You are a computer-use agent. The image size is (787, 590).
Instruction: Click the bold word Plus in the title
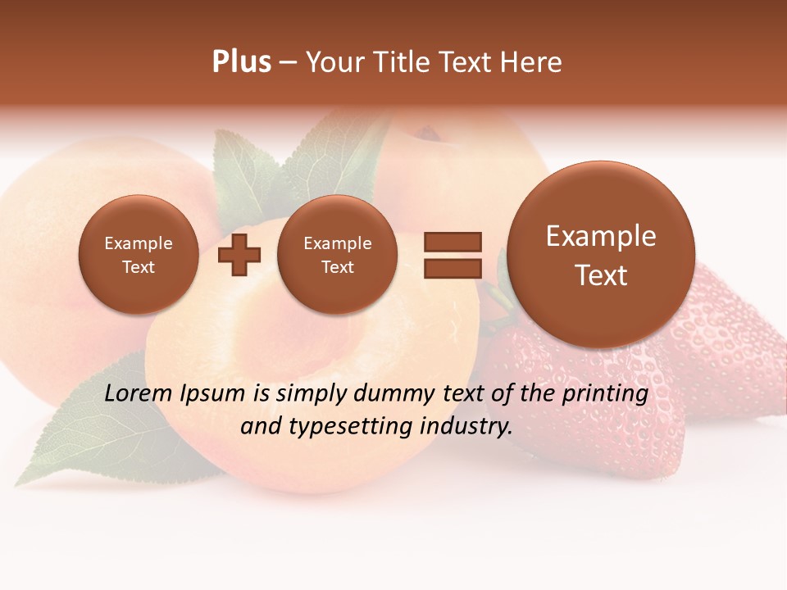point(241,62)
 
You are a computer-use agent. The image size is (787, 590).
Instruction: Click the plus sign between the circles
point(239,255)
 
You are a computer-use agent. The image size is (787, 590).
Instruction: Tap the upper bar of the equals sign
point(453,242)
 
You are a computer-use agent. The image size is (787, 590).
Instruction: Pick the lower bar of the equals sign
point(453,268)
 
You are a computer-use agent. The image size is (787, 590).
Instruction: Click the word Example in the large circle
point(601,236)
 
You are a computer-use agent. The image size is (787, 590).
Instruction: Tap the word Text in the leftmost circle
point(139,267)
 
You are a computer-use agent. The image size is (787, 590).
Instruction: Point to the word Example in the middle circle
point(338,243)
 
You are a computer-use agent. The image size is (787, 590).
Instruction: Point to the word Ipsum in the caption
point(212,393)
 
